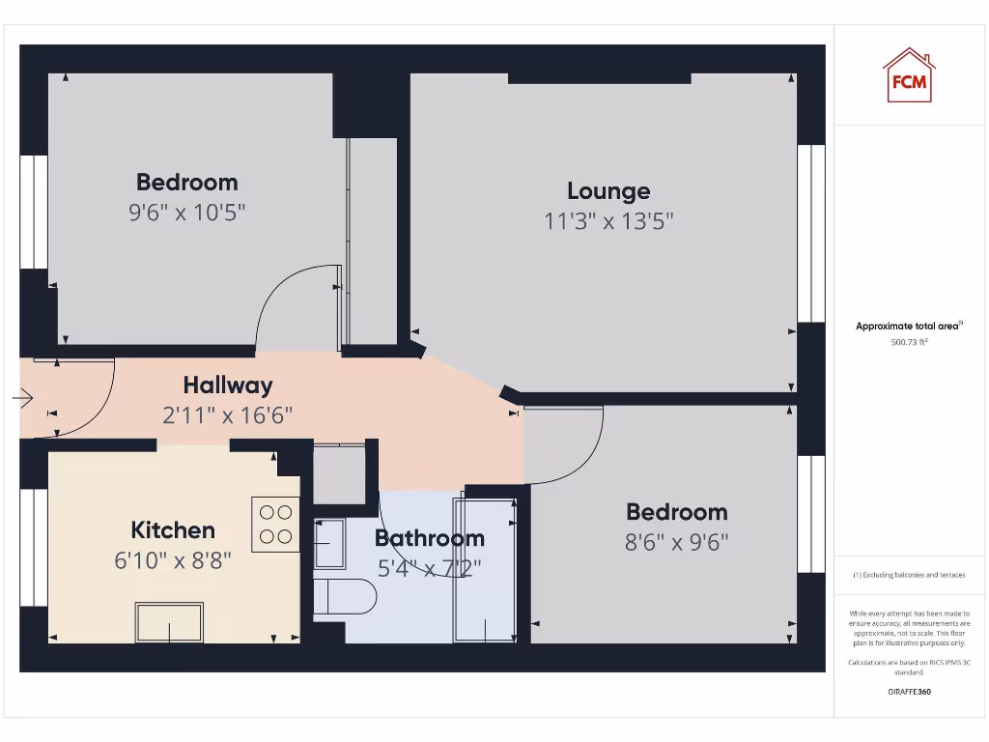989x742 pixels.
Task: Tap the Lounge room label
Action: (608, 190)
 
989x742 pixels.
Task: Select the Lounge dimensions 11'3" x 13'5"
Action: (608, 221)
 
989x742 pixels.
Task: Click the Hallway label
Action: (228, 385)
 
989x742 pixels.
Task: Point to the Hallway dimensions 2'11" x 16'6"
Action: (228, 415)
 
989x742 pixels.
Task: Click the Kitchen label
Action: (173, 529)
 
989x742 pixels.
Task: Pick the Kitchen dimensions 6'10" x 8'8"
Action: (173, 560)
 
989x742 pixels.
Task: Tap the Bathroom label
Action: (429, 538)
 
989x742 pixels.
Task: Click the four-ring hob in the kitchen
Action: (275, 525)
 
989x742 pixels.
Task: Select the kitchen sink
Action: (170, 622)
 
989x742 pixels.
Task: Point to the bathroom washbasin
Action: (330, 544)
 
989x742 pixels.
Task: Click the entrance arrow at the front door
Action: (23, 398)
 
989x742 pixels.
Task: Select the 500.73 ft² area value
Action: (908, 342)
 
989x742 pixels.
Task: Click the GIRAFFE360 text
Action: (908, 692)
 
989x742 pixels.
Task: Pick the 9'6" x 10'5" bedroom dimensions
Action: (187, 213)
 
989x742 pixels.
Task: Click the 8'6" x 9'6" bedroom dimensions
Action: (676, 542)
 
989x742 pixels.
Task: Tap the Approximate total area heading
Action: (908, 327)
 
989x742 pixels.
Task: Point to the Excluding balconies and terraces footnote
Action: (908, 575)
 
